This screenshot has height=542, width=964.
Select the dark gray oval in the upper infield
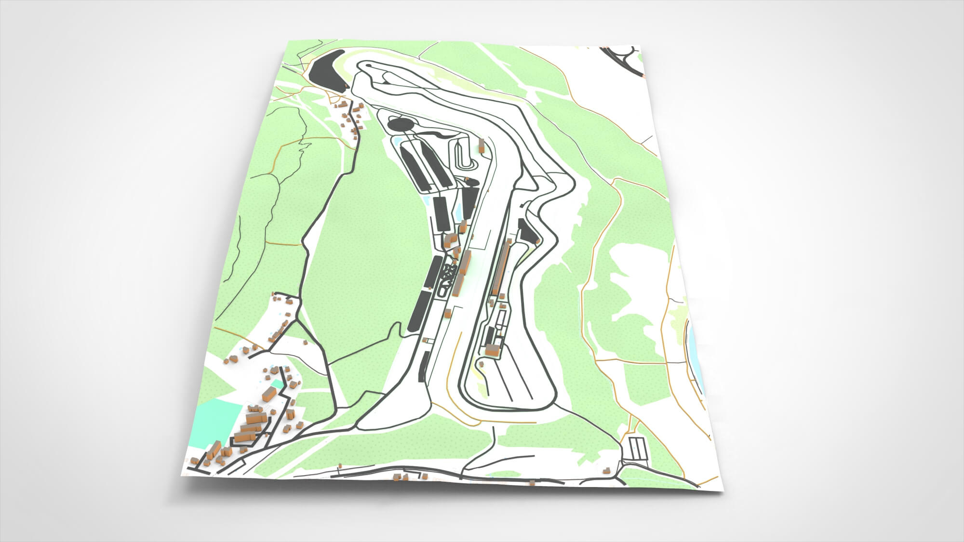[x=401, y=125]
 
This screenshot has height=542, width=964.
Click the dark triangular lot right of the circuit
[x=527, y=232]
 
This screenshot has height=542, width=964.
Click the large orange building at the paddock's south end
[x=492, y=349]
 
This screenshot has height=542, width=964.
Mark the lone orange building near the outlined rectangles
[x=607, y=469]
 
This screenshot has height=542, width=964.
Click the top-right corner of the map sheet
[x=643, y=48]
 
